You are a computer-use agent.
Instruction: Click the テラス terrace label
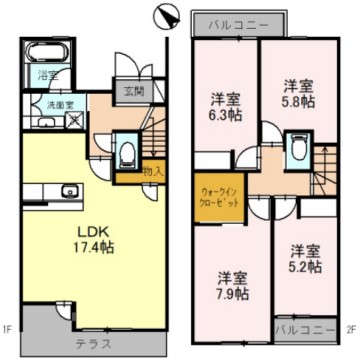94,342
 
